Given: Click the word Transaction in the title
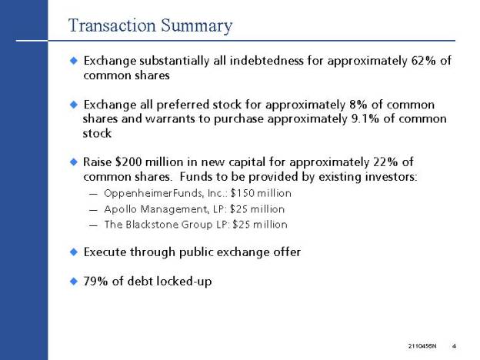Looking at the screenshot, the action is tap(112, 25).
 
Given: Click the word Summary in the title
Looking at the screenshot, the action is tap(196, 26).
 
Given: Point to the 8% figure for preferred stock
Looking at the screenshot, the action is tap(358, 105).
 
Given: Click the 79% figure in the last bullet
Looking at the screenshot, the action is tap(95, 281).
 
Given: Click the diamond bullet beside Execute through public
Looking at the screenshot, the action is tap(74, 252).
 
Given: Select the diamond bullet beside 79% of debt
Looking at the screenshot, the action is tap(74, 281).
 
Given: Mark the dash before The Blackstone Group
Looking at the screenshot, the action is tap(93, 225).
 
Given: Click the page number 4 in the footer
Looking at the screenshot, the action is tap(454, 346).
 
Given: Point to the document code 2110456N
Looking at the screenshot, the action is tap(422, 346).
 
